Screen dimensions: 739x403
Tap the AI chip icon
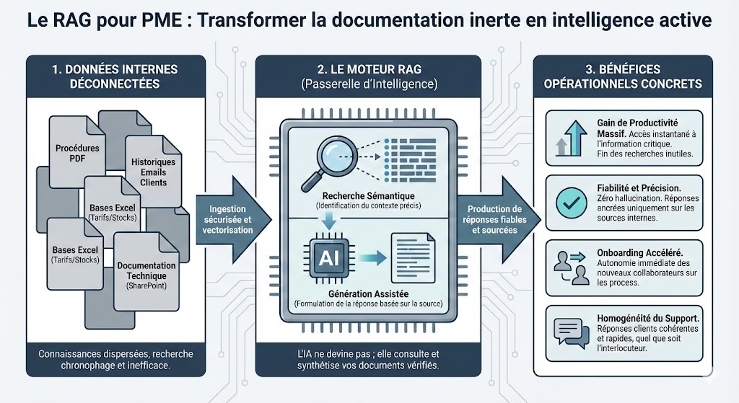[x=329, y=257]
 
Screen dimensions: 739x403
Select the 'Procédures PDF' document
[x=77, y=151]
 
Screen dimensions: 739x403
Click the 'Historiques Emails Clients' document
[x=153, y=172]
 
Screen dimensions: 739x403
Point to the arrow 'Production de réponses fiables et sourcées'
[x=498, y=220]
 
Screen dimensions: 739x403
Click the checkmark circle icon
[x=572, y=203]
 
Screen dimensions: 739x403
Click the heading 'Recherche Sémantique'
[x=368, y=196]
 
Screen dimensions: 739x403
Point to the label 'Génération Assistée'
[x=368, y=293]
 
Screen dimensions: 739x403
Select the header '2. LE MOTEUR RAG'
[x=369, y=69]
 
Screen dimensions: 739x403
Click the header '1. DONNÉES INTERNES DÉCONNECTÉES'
[x=115, y=76]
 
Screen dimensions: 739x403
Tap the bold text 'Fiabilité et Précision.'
[x=639, y=188]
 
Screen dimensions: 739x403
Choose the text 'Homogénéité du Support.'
[x=648, y=318]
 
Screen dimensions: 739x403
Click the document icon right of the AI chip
[x=413, y=257]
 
